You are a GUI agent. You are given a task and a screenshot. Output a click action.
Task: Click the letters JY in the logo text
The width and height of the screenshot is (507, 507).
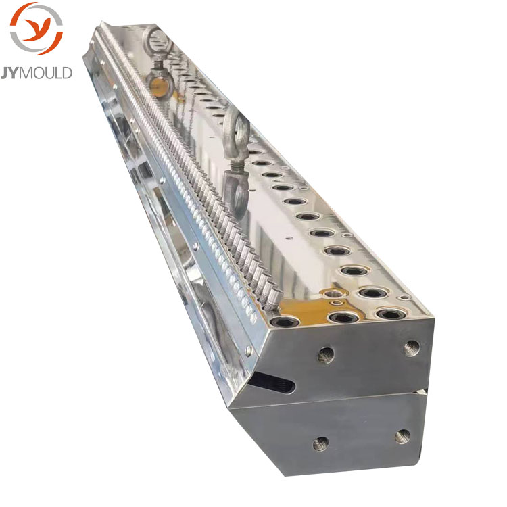click(10, 73)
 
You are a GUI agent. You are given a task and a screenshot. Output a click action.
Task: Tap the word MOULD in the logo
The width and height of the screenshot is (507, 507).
click(46, 73)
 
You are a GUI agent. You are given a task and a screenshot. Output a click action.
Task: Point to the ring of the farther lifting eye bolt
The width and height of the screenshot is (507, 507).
click(158, 41)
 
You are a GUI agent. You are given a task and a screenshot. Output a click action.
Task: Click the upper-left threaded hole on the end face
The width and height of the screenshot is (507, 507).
click(326, 355)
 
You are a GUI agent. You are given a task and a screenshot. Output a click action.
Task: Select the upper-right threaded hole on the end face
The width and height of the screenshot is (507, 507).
click(412, 348)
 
